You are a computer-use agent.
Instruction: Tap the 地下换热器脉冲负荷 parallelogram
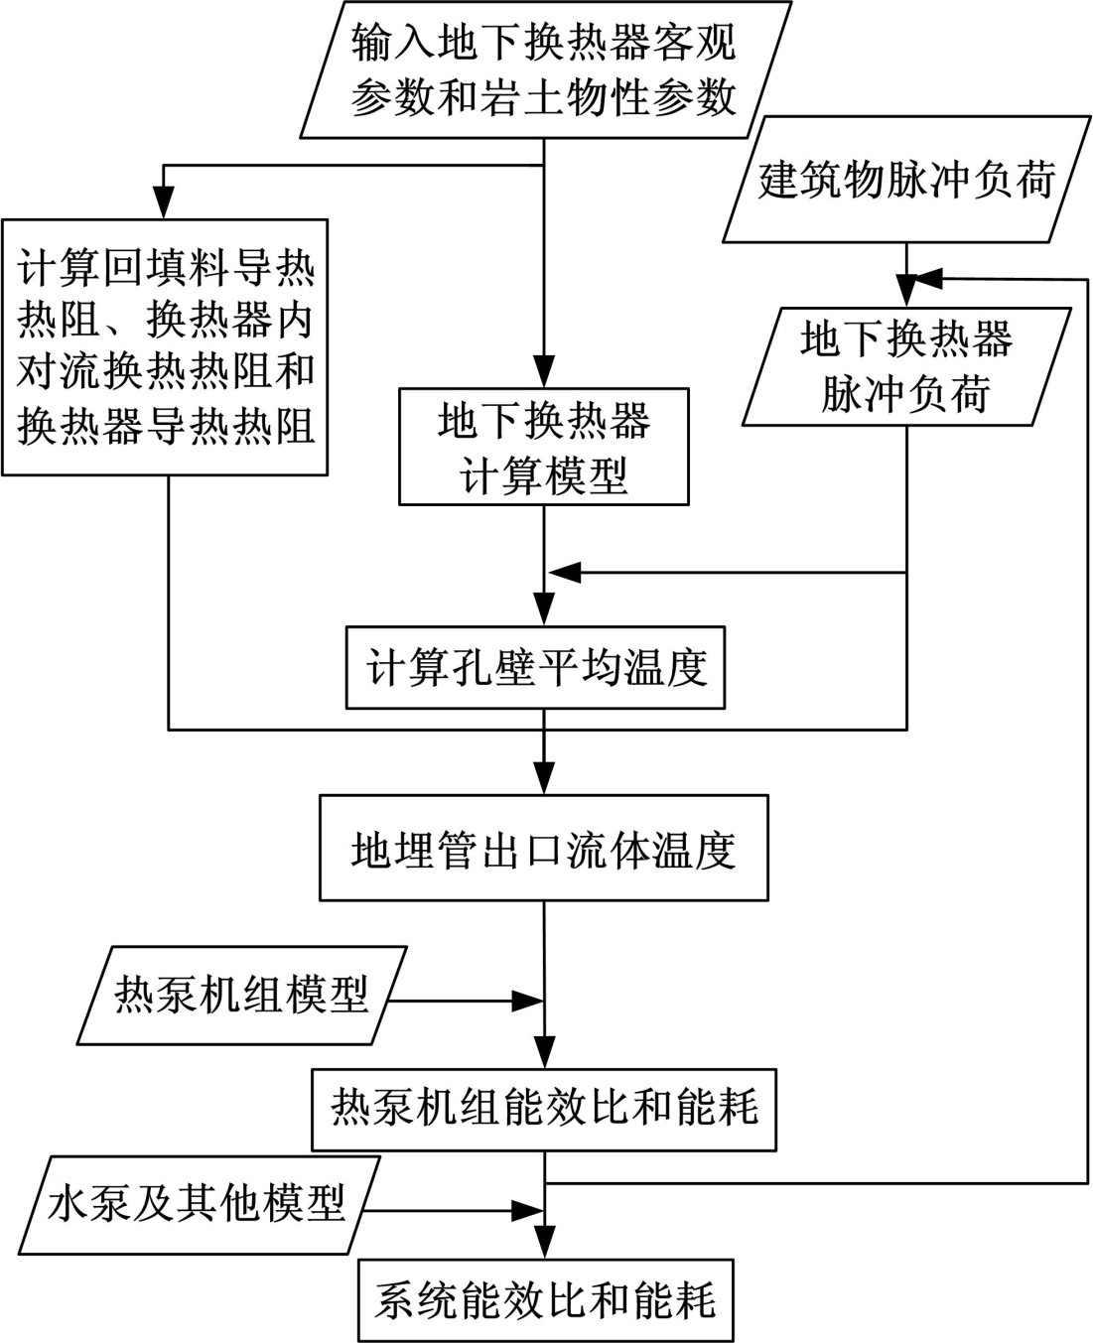coord(904,366)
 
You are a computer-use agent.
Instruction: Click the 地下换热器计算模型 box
coord(543,447)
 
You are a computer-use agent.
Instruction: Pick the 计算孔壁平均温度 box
coord(536,667)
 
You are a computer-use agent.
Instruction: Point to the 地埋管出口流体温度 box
coord(543,848)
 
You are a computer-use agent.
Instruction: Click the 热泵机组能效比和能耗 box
coord(543,1109)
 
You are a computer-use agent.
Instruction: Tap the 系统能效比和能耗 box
coord(545,1300)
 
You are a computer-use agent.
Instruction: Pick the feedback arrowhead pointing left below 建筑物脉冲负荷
coord(924,279)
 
